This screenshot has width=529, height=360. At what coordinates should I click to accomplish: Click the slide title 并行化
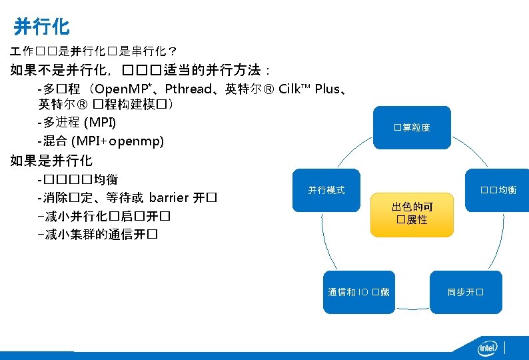41,27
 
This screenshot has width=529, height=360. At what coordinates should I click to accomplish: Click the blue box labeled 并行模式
326,190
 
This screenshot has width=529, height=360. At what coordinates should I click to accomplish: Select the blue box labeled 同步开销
465,292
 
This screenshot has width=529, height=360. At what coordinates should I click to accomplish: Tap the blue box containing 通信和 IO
358,292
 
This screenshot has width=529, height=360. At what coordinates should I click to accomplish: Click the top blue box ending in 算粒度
412,127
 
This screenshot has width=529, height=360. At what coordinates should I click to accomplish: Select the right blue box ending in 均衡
498,190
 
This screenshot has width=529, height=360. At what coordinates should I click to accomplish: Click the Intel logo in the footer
488,348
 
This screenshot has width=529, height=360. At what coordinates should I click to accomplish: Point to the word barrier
169,198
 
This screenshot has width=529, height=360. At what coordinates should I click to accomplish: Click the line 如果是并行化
51,161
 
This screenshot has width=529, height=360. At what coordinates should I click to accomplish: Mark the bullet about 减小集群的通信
100,235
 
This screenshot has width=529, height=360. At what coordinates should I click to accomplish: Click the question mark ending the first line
173,51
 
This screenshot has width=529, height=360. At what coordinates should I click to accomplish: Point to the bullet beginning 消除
127,198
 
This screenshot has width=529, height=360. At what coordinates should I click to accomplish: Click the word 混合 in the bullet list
57,141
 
